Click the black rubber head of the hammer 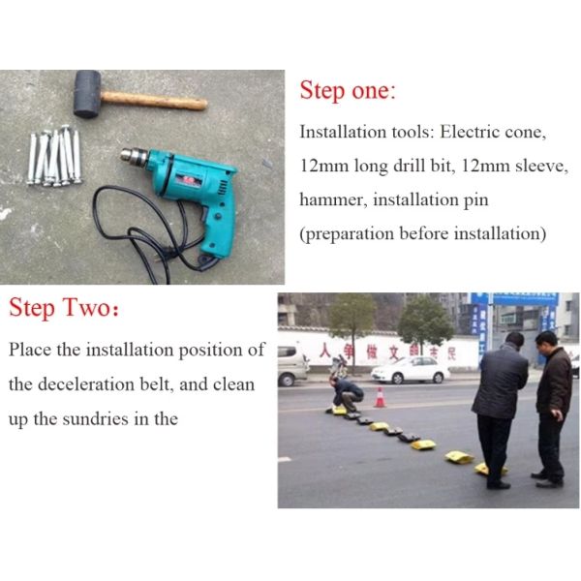tap(87, 95)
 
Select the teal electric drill tap(194, 194)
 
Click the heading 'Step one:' tap(348, 91)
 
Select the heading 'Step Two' tap(63, 309)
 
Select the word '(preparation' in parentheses tap(349, 234)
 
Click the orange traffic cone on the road tap(380, 397)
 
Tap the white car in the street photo tap(410, 369)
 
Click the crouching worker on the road tap(347, 392)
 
